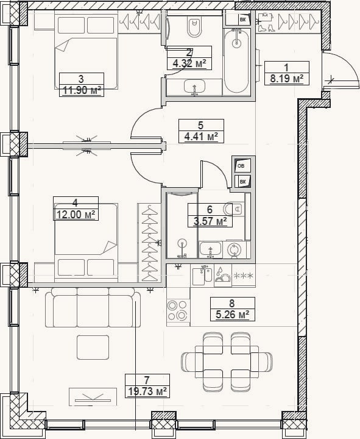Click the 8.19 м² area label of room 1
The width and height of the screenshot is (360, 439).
click(x=287, y=79)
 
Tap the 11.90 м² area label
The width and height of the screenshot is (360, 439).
click(x=82, y=90)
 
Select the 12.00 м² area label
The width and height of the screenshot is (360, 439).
click(x=76, y=215)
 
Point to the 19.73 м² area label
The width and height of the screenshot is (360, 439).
click(x=147, y=391)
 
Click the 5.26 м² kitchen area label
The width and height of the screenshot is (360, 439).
click(x=233, y=315)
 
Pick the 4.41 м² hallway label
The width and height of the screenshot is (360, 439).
click(x=201, y=137)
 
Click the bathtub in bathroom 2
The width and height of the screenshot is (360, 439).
click(x=236, y=61)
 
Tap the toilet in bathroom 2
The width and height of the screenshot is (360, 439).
click(x=194, y=27)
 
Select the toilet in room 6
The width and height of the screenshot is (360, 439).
click(x=233, y=209)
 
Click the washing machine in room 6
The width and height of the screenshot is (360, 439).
click(x=233, y=249)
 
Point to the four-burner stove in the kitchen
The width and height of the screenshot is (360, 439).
click(x=178, y=310)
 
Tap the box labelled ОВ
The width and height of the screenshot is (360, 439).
click(x=242, y=166)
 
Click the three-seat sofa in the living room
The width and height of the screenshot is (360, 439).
click(x=93, y=308)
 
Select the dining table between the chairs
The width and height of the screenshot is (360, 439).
click(x=227, y=362)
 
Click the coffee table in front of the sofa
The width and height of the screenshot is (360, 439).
click(x=93, y=348)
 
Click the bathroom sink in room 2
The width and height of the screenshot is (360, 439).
click(x=195, y=87)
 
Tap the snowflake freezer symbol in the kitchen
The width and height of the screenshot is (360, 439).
click(x=244, y=276)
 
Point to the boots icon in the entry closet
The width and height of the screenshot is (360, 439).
click(x=267, y=27)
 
